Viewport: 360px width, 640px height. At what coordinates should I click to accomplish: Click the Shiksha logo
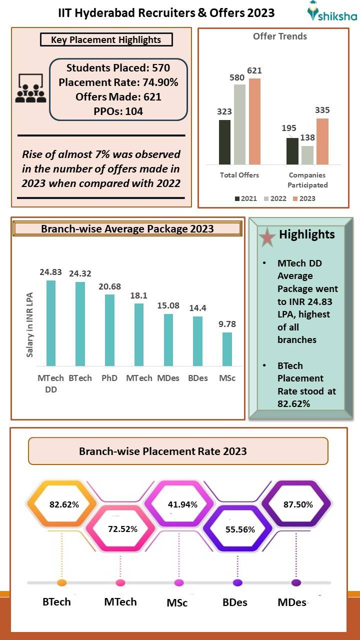tap(331, 13)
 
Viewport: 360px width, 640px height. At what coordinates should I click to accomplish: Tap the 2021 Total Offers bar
tap(225, 142)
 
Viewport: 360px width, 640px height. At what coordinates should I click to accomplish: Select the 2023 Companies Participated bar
tap(322, 141)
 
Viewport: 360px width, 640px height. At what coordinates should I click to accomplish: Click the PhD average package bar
tap(109, 330)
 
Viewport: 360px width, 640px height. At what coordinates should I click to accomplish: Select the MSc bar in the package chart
tap(227, 349)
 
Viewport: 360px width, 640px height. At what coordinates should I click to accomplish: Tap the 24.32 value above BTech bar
tap(80, 274)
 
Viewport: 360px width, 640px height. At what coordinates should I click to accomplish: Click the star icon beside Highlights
tap(267, 238)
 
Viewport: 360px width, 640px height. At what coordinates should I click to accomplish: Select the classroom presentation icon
tap(31, 88)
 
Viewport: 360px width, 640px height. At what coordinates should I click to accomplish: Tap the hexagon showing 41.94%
tap(182, 504)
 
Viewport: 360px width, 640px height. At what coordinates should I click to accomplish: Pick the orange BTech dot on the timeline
tap(62, 583)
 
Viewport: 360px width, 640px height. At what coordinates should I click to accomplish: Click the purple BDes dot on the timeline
tap(237, 583)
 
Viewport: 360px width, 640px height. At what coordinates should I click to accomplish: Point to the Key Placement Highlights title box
tap(106, 39)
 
